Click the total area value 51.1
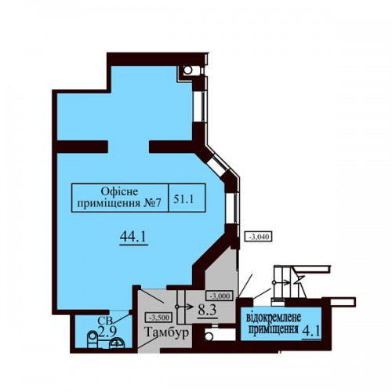[183, 200]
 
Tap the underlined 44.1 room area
[133, 237]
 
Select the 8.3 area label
[207, 310]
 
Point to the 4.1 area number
[311, 332]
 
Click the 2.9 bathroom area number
[107, 332]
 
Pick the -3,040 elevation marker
[258, 237]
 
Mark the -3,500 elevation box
[158, 318]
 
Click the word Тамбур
[166, 332]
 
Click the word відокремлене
[274, 318]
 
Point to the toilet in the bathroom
[93, 339]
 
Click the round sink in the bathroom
[117, 343]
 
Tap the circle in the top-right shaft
[187, 70]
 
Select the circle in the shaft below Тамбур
[209, 337]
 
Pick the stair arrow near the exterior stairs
[281, 282]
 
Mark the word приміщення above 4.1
[274, 330]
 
